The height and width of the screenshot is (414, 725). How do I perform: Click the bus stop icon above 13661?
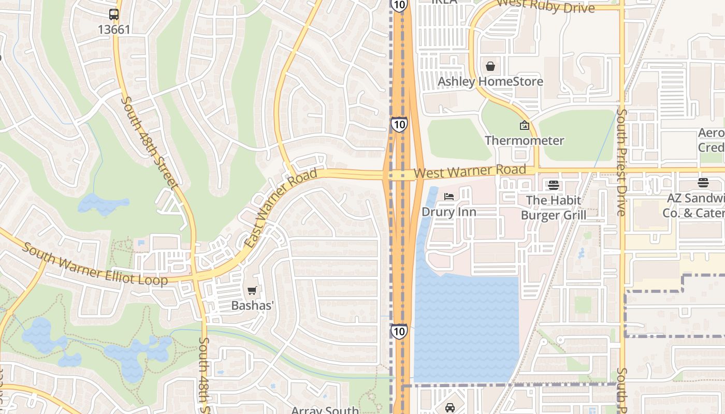[114, 14]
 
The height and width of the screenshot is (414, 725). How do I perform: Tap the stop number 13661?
[114, 29]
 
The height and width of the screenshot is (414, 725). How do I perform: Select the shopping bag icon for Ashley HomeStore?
[490, 66]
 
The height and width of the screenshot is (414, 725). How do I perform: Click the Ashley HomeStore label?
[490, 82]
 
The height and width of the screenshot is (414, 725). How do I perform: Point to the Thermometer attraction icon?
[524, 125]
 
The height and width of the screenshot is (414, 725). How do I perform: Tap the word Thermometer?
[524, 140]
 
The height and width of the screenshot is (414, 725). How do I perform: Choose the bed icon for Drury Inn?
[449, 197]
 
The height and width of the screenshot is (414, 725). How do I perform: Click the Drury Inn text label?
[449, 212]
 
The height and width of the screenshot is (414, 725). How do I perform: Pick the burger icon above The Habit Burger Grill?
[553, 185]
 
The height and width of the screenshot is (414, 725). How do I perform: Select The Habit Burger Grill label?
[553, 208]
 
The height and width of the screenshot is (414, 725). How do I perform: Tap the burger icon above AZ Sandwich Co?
[703, 182]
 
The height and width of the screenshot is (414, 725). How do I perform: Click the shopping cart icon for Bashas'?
[252, 291]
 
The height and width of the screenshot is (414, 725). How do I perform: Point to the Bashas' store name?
[252, 306]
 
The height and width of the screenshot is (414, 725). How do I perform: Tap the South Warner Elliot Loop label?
[95, 265]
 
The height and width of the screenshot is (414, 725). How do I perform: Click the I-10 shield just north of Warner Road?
[399, 125]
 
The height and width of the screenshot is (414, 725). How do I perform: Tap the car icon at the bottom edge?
[450, 408]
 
